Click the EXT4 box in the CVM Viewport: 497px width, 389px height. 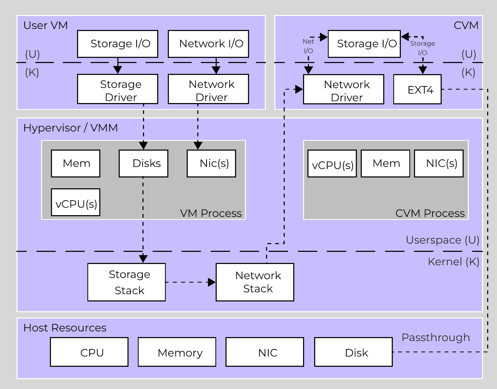coord(417,89)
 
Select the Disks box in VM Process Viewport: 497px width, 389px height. coord(144,164)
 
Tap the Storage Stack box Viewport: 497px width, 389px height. coord(126,282)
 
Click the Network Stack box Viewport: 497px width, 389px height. coord(255,282)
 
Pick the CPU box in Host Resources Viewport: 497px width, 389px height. coord(89,352)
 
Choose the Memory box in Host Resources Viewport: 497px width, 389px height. coord(177,352)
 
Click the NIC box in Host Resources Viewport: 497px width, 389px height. coord(265,352)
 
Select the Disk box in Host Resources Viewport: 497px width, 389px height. coord(353,352)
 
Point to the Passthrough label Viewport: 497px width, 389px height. coord(435,338)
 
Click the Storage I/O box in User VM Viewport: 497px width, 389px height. coord(118,44)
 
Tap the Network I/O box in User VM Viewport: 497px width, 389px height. coord(208,44)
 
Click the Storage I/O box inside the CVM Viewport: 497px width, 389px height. coord(364,44)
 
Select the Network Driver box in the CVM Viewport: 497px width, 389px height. coord(343,89)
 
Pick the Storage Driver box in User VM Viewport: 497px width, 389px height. coord(118,89)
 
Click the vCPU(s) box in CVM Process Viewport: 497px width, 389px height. coord(332,164)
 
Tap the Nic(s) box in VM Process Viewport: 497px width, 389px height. coord(211,164)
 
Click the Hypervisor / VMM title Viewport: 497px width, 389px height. coord(70,128)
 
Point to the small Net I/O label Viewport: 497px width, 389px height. coord(308,46)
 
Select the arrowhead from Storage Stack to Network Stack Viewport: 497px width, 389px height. coord(212,282)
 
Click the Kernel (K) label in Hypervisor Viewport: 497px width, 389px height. coord(453,262)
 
